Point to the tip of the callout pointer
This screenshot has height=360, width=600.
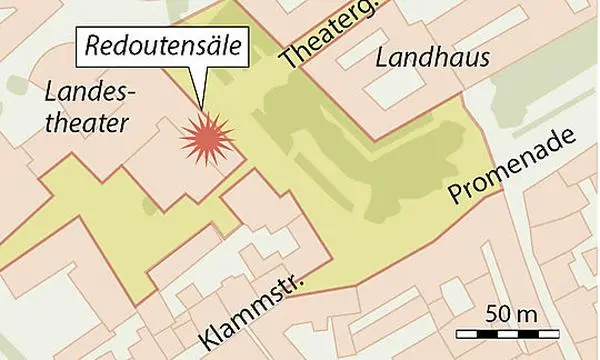pyautogui.click(x=203, y=108)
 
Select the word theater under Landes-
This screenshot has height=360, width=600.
pyautogui.click(x=88, y=123)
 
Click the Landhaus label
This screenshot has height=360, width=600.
pyautogui.click(x=432, y=59)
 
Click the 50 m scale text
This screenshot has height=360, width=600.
pyautogui.click(x=512, y=313)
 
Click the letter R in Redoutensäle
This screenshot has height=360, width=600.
pyautogui.click(x=90, y=46)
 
